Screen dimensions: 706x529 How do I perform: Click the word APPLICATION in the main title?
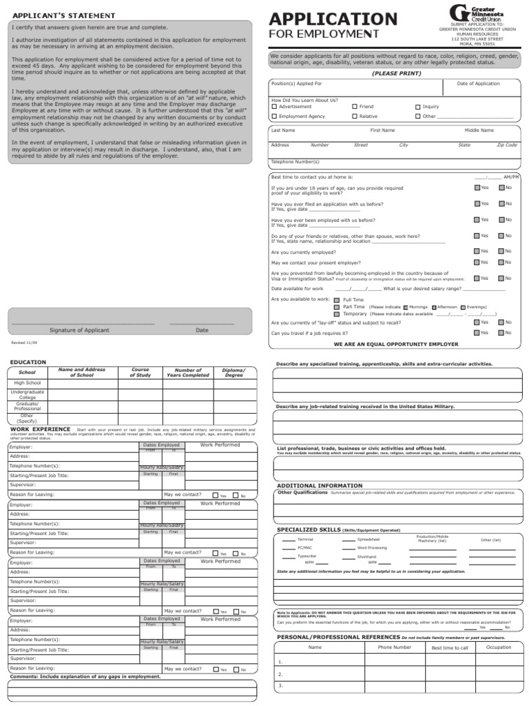tap(333, 19)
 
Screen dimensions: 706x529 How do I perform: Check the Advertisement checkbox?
tap(274, 107)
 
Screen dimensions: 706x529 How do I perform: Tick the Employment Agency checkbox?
tap(274, 117)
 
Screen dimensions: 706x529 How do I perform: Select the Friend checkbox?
tap(355, 107)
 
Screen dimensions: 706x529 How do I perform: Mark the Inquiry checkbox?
tap(417, 107)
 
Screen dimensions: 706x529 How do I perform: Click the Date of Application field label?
tap(478, 83)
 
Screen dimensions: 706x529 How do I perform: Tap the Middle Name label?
tap(479, 130)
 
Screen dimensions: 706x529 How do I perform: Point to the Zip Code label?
tap(506, 145)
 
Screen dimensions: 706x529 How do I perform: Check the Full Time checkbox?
tap(336, 301)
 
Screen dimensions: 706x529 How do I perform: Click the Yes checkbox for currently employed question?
tap(477, 252)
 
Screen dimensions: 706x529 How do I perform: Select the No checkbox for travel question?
tap(501, 332)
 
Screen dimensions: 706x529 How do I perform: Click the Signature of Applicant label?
tap(79, 330)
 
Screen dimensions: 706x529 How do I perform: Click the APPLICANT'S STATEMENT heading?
tap(54, 15)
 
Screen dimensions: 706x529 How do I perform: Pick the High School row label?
tap(28, 383)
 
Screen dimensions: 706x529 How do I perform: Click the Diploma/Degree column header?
tap(234, 373)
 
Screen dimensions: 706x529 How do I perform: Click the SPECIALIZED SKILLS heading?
tap(308, 529)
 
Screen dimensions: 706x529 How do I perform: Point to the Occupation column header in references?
tap(499, 647)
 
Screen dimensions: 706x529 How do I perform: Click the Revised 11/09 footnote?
tap(24, 342)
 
